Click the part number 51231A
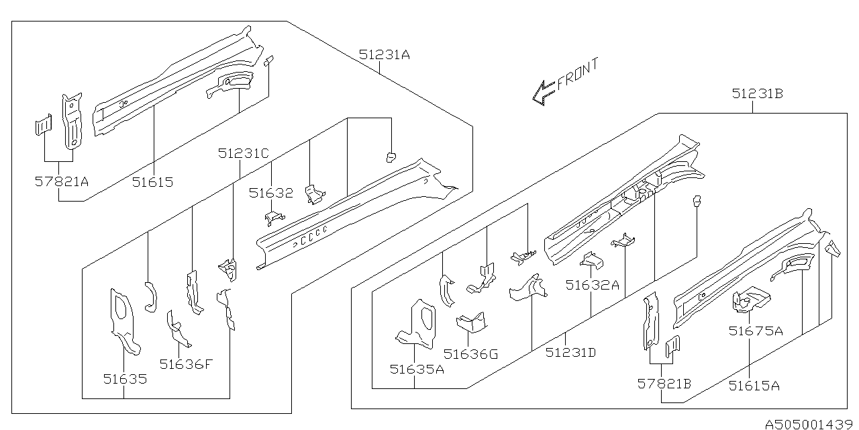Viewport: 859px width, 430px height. click(x=384, y=56)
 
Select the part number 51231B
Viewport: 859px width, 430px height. click(x=757, y=95)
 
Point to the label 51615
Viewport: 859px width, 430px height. click(x=152, y=181)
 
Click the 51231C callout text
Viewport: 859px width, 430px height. click(x=243, y=154)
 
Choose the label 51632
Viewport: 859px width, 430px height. click(x=270, y=193)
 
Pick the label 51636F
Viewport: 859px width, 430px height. click(x=186, y=364)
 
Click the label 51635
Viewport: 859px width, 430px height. click(x=125, y=378)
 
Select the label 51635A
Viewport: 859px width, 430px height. click(x=416, y=368)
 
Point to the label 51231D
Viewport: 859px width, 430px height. click(x=571, y=351)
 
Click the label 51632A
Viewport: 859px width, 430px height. click(x=592, y=284)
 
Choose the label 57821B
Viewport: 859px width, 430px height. click(x=664, y=384)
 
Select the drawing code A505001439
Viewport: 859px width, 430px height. click(x=809, y=423)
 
